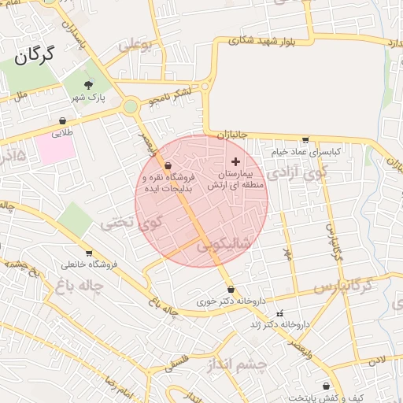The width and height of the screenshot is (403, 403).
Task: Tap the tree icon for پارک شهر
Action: click(87, 86)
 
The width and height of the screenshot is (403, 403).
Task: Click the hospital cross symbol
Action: click(235, 161)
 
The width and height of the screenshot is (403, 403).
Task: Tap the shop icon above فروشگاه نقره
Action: click(168, 166)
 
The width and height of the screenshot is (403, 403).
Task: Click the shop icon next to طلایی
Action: click(62, 121)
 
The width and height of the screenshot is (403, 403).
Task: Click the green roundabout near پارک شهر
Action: click(131, 106)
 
